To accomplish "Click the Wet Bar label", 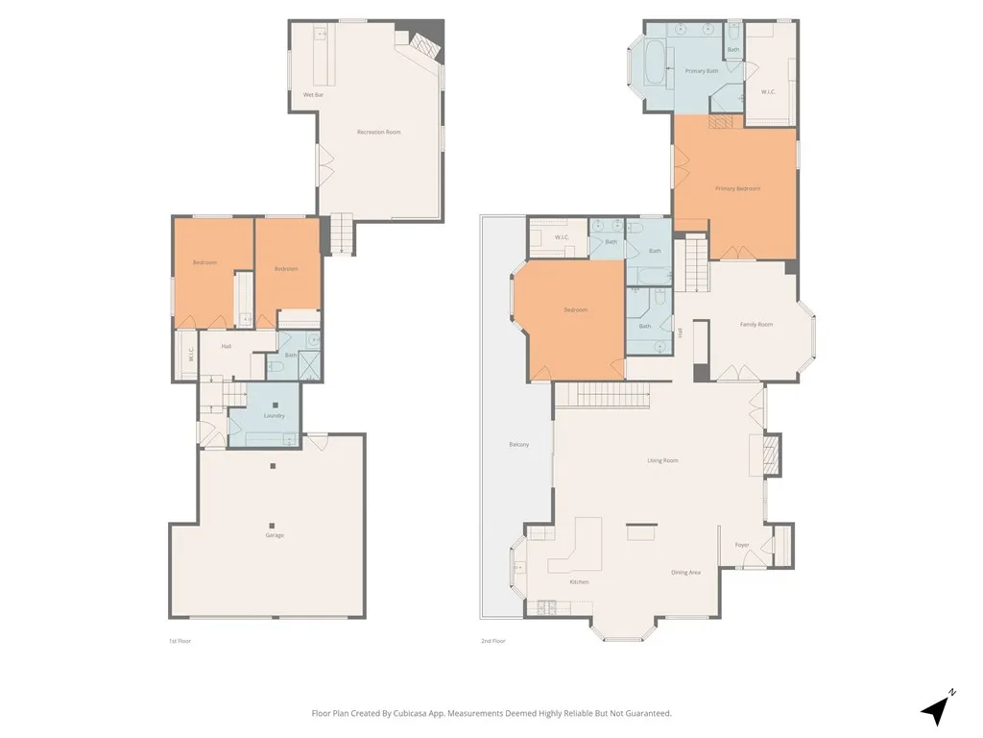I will (313, 95).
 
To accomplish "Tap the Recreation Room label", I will (378, 132).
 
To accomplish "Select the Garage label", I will (275, 535).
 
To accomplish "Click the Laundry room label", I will (274, 415).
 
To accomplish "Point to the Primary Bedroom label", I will (737, 188).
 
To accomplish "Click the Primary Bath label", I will (701, 71).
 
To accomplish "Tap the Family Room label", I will (755, 325).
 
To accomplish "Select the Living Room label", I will (662, 460).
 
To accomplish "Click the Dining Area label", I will (685, 573).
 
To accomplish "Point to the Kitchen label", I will (579, 582).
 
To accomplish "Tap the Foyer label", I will (742, 545).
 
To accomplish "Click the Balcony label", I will (518, 444).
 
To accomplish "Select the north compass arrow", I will (936, 709).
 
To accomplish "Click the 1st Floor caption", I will (180, 640).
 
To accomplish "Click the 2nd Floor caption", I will (493, 640).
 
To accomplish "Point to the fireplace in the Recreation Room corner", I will (422, 46).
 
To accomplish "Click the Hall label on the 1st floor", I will (227, 346).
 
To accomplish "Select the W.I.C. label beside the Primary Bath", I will (768, 92).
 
